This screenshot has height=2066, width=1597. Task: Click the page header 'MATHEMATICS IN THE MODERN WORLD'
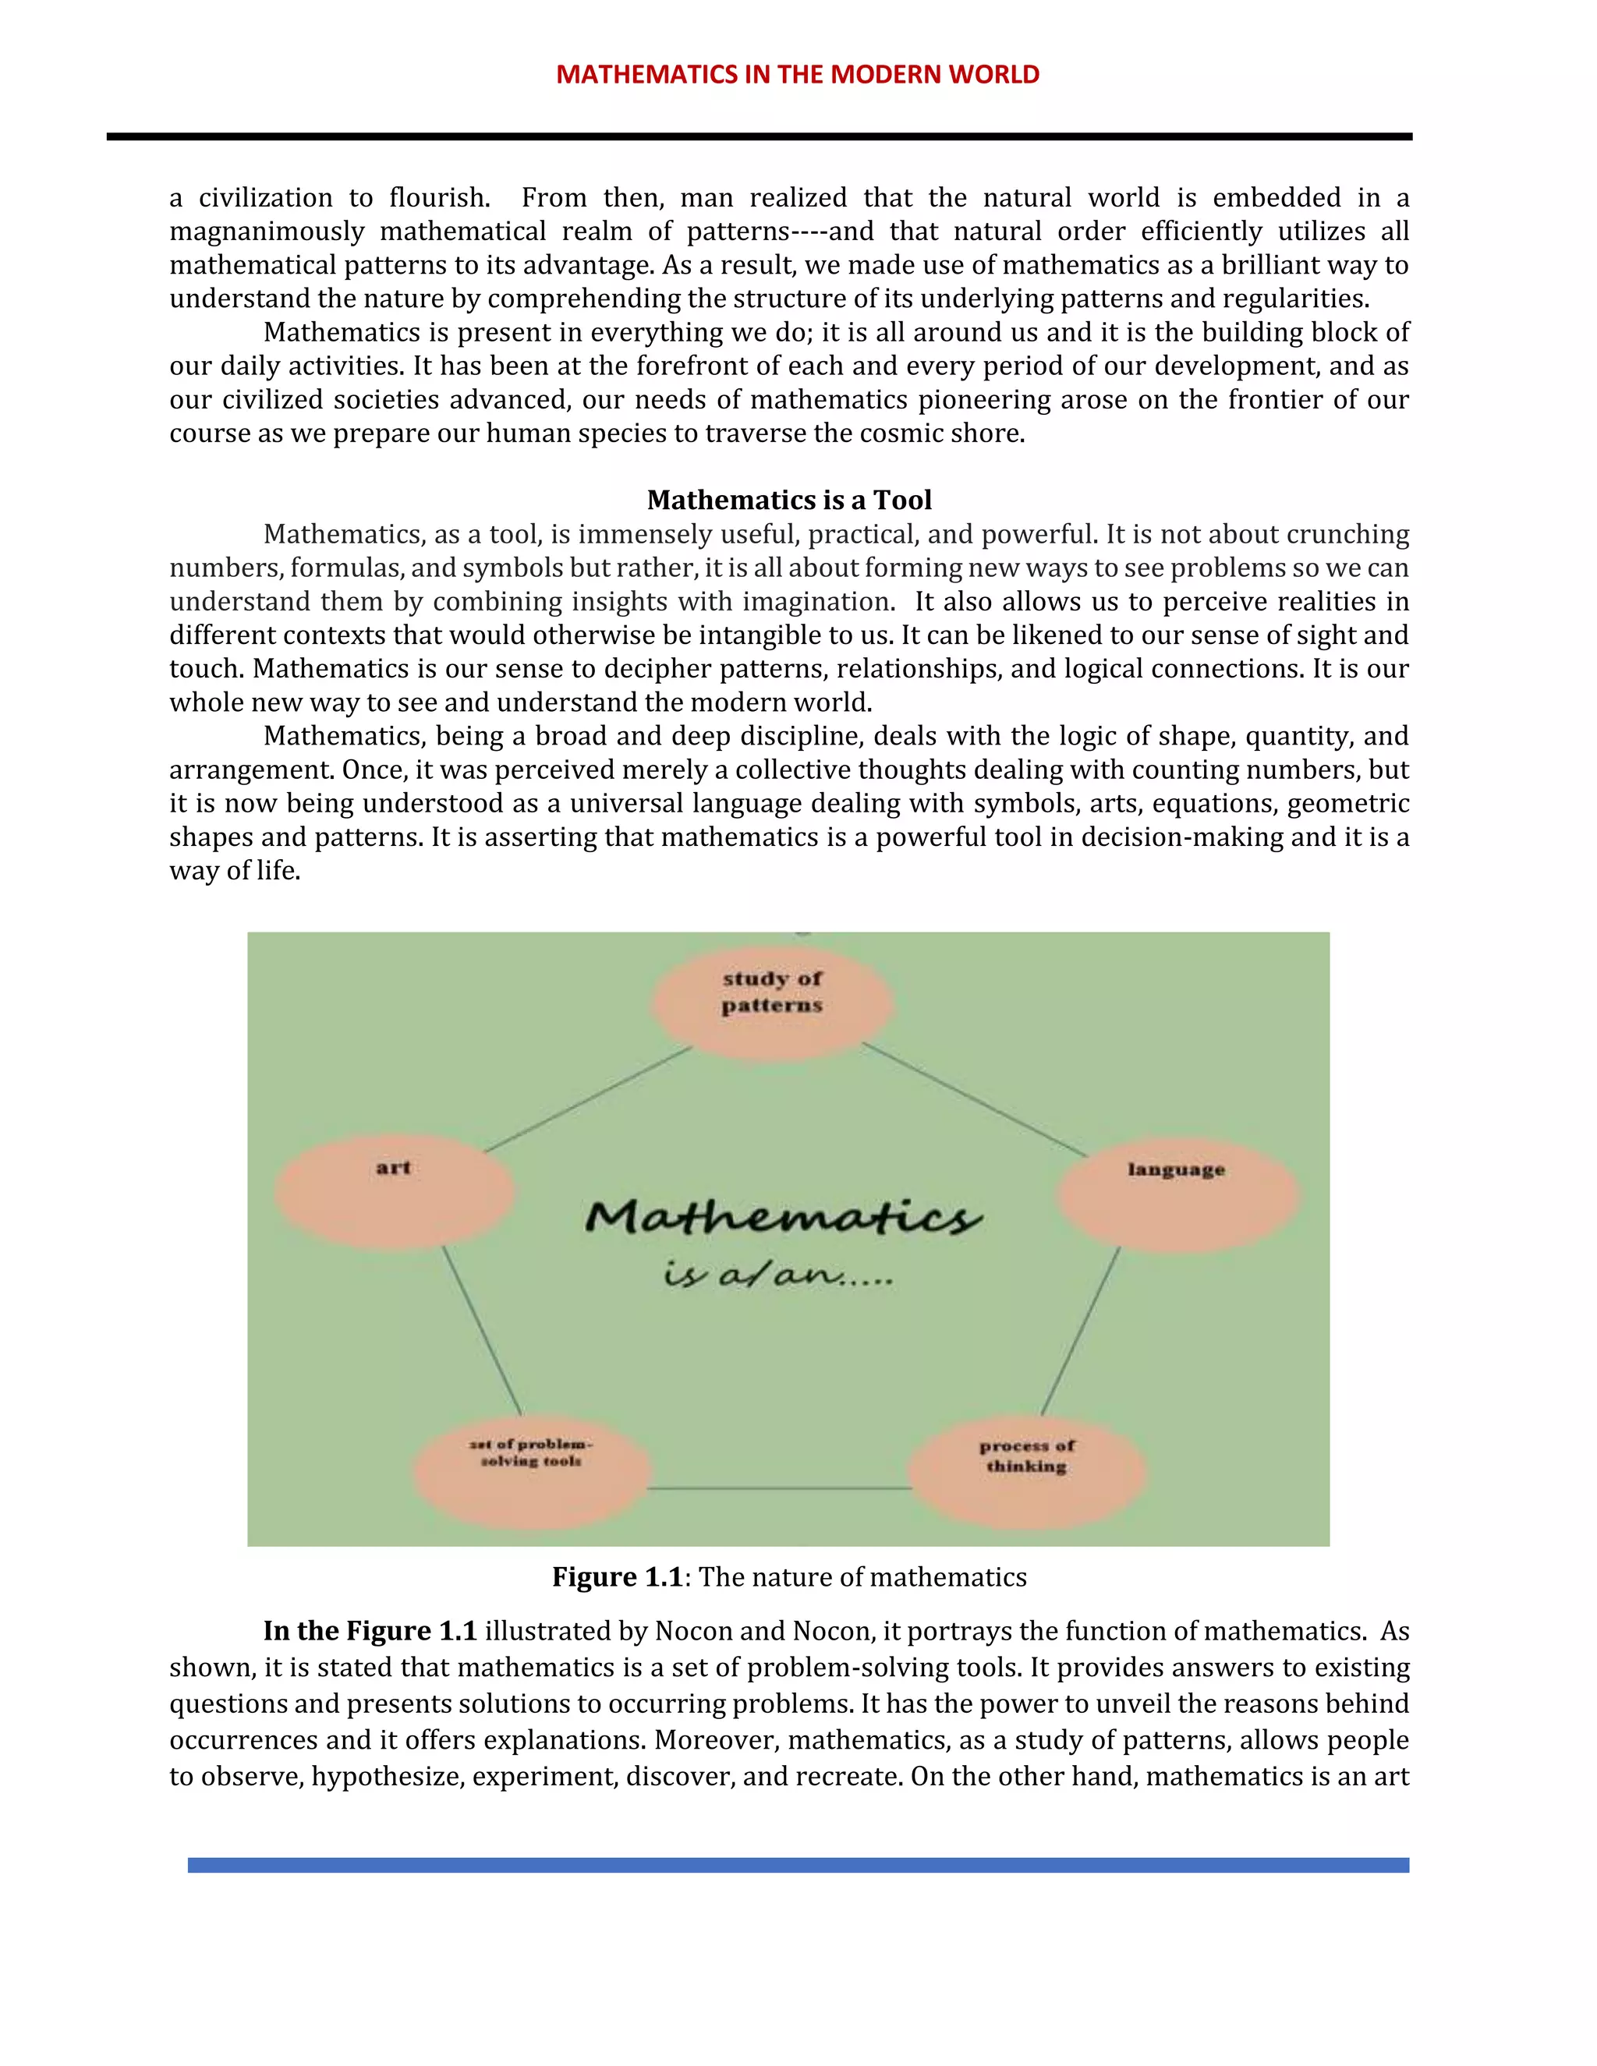[x=798, y=75]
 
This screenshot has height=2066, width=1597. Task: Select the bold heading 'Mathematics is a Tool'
[x=789, y=500]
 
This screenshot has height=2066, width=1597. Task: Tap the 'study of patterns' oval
[x=772, y=1002]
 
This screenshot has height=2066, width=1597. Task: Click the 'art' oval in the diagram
[x=395, y=1191]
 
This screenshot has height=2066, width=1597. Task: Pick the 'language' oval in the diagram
[x=1177, y=1194]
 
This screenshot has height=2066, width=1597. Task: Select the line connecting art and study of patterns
[x=589, y=1099]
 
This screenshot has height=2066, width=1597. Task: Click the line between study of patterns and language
[x=976, y=1099]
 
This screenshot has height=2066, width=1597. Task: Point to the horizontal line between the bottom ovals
[x=780, y=1489]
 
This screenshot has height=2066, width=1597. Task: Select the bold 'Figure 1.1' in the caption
[x=617, y=1577]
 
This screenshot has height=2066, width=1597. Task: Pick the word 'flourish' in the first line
[x=438, y=198]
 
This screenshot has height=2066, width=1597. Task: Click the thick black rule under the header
[x=759, y=137]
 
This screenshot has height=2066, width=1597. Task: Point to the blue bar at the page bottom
[x=798, y=1865]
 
